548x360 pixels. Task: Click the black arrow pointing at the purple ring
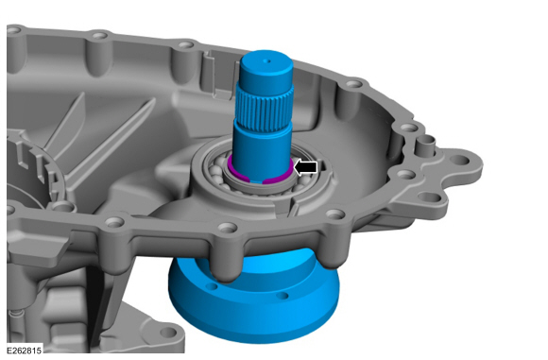click(306, 167)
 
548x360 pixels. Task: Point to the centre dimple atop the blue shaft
click(264, 62)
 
